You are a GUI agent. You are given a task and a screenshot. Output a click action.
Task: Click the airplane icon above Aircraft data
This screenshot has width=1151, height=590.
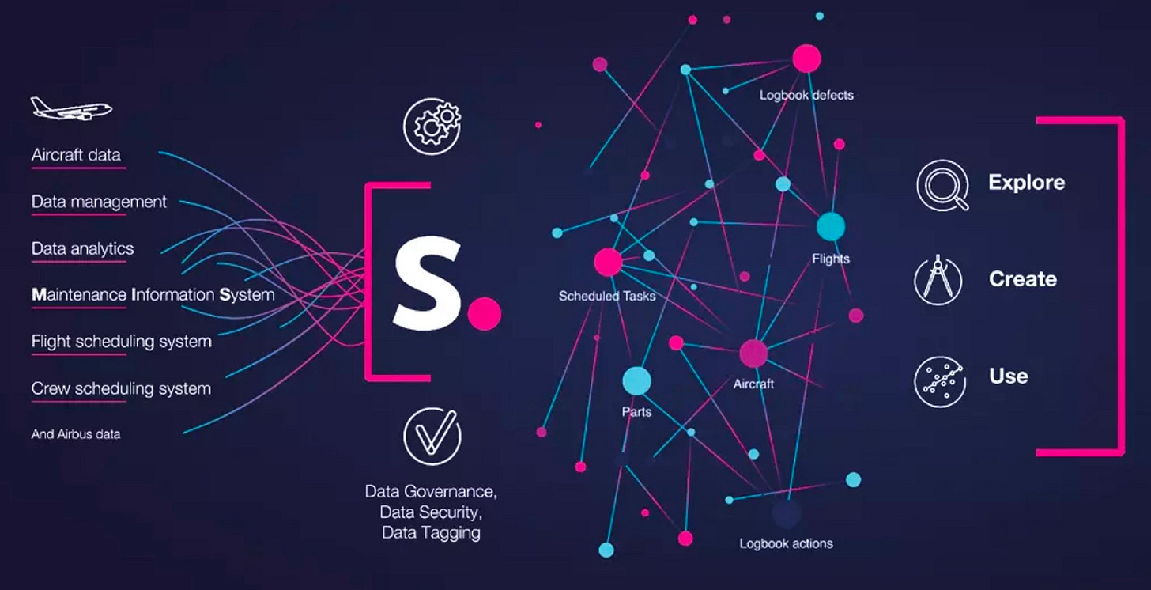click(71, 108)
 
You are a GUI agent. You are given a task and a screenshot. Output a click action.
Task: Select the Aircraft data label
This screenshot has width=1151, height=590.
click(76, 155)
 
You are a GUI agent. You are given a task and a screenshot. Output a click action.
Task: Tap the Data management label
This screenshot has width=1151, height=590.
click(99, 202)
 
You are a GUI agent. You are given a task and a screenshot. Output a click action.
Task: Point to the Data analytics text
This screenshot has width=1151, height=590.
click(82, 248)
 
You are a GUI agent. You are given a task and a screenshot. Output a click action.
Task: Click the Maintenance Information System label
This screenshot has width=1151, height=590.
click(153, 295)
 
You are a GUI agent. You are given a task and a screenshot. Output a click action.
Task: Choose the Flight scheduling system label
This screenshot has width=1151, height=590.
click(121, 342)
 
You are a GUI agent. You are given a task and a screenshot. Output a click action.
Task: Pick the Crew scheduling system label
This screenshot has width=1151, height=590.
click(121, 388)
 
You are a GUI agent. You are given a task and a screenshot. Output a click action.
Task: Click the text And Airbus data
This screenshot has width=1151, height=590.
click(76, 434)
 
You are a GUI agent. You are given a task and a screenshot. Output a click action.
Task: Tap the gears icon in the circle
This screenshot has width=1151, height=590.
click(432, 125)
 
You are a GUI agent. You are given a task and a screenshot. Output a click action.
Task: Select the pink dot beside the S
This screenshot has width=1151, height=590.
click(484, 314)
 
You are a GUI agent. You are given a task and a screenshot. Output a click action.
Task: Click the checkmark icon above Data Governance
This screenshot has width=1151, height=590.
click(432, 436)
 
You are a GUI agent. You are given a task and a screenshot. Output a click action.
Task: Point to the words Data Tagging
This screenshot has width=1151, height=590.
click(431, 532)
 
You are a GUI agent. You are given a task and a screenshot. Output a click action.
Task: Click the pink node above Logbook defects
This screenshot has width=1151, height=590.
click(806, 58)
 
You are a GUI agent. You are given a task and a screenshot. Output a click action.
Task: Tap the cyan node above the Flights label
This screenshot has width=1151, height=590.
click(830, 227)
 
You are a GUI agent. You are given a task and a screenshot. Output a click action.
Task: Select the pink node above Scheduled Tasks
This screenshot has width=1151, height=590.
click(607, 262)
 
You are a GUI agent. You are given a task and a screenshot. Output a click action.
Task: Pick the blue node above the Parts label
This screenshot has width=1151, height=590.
click(636, 381)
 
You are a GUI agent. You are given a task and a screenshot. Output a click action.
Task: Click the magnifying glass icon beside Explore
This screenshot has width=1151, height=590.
click(942, 185)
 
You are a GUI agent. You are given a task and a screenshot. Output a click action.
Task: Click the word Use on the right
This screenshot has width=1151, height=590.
click(1008, 376)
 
